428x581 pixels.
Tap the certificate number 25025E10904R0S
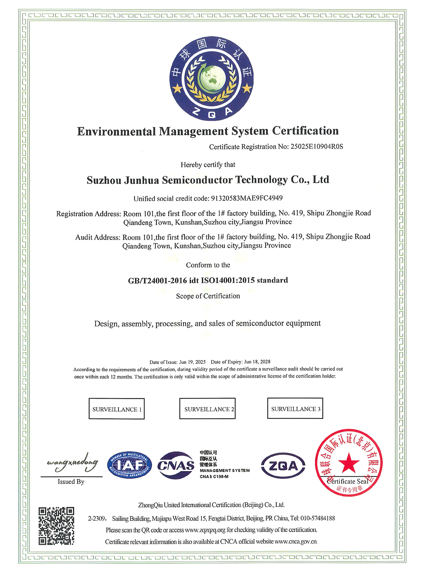tap(317, 147)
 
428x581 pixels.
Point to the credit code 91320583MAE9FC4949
tap(247, 198)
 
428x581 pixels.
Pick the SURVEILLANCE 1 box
tap(117, 409)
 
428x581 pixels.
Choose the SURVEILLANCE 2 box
tap(208, 409)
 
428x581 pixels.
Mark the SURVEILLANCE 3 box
tap(295, 408)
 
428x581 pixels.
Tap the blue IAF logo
tap(130, 465)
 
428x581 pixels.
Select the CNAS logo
tap(176, 465)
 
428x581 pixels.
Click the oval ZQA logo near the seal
tap(283, 466)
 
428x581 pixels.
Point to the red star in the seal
tap(349, 463)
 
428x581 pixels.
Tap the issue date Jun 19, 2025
tap(192, 362)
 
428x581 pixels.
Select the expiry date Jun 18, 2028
tap(257, 362)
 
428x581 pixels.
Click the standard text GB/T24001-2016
tap(157, 281)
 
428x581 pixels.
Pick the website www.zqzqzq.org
tap(205, 530)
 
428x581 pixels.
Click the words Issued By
tap(71, 482)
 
